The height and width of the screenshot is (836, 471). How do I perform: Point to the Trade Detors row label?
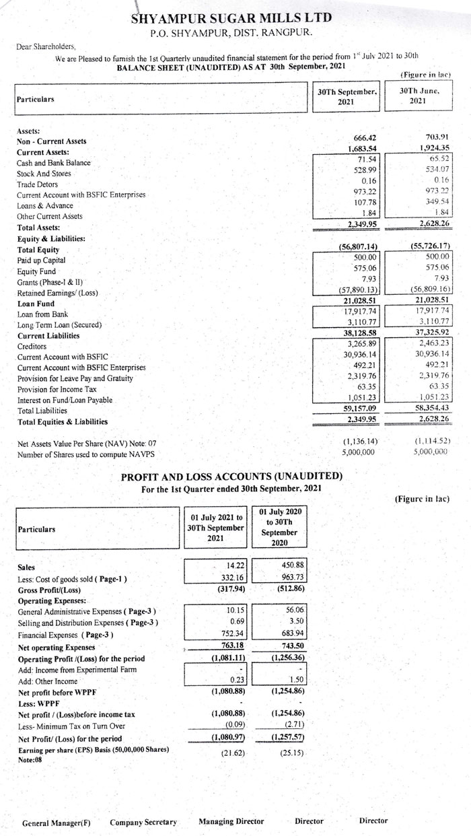coord(37,184)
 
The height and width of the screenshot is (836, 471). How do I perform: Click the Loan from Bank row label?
coord(44,314)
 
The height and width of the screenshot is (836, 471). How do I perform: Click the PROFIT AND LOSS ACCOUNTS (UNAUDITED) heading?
coord(231,477)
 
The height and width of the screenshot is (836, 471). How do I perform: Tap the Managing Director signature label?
coord(231,821)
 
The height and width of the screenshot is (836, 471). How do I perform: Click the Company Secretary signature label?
coord(143,822)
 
